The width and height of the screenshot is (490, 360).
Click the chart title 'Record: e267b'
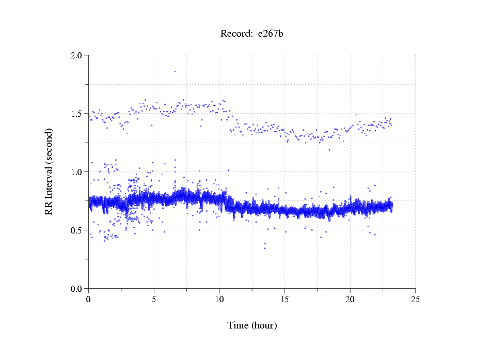pyautogui.click(x=252, y=34)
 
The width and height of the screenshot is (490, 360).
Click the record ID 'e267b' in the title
pyautogui.click(x=271, y=34)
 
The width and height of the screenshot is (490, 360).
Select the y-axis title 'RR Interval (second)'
pyautogui.click(x=49, y=171)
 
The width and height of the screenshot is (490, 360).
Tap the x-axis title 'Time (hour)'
pyautogui.click(x=252, y=325)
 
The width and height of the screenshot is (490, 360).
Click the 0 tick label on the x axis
pyautogui.click(x=88, y=299)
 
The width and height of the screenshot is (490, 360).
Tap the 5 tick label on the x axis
pyautogui.click(x=154, y=299)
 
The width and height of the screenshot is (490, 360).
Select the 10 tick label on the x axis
pyautogui.click(x=219, y=299)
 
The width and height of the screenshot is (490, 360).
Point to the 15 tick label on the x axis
pyautogui.click(x=284, y=299)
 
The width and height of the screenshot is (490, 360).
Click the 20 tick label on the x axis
pyautogui.click(x=350, y=299)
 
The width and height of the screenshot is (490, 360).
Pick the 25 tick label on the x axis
pyautogui.click(x=416, y=299)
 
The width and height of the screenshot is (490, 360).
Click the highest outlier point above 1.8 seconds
pyautogui.click(x=175, y=71)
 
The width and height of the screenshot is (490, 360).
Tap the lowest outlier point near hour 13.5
pyautogui.click(x=265, y=248)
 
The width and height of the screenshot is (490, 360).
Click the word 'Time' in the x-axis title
pyautogui.click(x=238, y=325)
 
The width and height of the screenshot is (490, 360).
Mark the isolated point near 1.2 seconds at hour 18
pyautogui.click(x=329, y=150)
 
